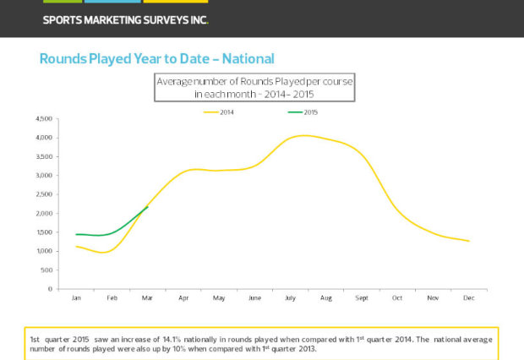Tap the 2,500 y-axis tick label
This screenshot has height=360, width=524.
(44, 194)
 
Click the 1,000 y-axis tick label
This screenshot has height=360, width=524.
(44, 251)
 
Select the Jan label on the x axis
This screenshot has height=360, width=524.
(76, 298)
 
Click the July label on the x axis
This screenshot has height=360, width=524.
(290, 298)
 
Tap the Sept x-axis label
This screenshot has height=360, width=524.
(361, 298)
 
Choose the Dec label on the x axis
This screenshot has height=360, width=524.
(467, 298)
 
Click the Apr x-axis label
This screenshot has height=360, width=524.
(183, 298)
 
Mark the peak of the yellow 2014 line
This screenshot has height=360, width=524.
(304, 135)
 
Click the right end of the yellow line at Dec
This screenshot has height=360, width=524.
(468, 241)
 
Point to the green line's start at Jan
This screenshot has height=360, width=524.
(76, 234)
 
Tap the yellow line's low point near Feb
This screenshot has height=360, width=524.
(103, 253)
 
